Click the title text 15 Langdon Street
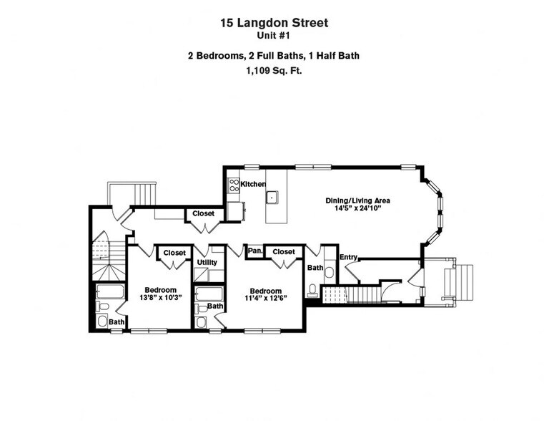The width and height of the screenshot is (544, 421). [x=274, y=23]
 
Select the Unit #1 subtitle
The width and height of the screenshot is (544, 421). [x=274, y=35]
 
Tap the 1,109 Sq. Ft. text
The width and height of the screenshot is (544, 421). [x=274, y=70]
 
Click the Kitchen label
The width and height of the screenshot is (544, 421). [x=253, y=184]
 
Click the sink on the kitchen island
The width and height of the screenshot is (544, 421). [x=272, y=195]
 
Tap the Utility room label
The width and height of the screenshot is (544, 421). [x=207, y=262]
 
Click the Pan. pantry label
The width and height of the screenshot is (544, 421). [x=254, y=251]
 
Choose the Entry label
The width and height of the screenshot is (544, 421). [x=348, y=257]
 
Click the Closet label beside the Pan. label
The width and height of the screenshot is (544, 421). [x=284, y=252]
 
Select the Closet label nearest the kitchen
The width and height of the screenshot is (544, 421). [x=203, y=213]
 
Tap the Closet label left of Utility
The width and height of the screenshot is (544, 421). [x=174, y=253]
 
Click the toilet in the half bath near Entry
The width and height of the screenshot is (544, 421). [x=313, y=290]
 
